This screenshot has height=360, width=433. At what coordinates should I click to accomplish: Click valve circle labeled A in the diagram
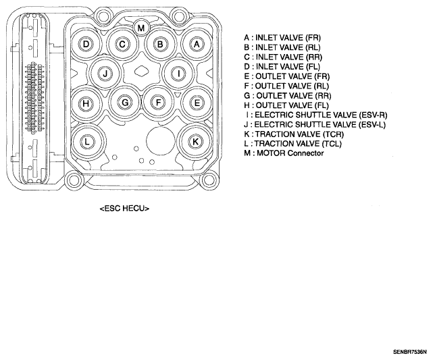(x=197, y=44)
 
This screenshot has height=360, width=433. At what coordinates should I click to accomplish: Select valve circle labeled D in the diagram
(x=86, y=44)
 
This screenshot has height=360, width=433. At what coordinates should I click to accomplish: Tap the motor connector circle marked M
(x=141, y=28)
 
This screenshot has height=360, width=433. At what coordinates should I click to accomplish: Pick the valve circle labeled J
(x=105, y=74)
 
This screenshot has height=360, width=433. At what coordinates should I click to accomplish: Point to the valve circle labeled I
(x=178, y=74)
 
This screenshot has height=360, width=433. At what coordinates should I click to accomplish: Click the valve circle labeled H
(x=86, y=103)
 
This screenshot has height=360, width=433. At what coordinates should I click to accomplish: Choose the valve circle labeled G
(x=125, y=103)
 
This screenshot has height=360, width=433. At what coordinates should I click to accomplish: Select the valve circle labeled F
(x=158, y=103)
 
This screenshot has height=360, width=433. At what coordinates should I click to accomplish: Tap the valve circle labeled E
(x=197, y=103)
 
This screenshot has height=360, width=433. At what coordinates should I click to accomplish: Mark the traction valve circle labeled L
(x=87, y=143)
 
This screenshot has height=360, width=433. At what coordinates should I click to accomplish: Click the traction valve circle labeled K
(x=195, y=142)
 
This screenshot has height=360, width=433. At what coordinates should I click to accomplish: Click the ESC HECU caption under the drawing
(x=124, y=209)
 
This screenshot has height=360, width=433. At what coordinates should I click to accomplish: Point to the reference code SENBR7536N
(x=410, y=352)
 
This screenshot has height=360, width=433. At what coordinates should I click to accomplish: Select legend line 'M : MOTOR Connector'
(x=284, y=153)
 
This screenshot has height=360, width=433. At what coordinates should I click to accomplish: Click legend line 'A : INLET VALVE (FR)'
(x=282, y=38)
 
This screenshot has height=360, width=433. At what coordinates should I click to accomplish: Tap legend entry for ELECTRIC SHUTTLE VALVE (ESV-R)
(x=316, y=115)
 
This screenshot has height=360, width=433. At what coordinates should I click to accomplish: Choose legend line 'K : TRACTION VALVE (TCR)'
(x=294, y=134)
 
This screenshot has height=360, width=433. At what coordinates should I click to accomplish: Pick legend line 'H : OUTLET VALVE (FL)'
(x=286, y=105)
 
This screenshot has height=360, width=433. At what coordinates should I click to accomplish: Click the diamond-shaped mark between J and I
(x=142, y=71)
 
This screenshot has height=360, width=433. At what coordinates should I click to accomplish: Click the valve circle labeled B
(x=160, y=44)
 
